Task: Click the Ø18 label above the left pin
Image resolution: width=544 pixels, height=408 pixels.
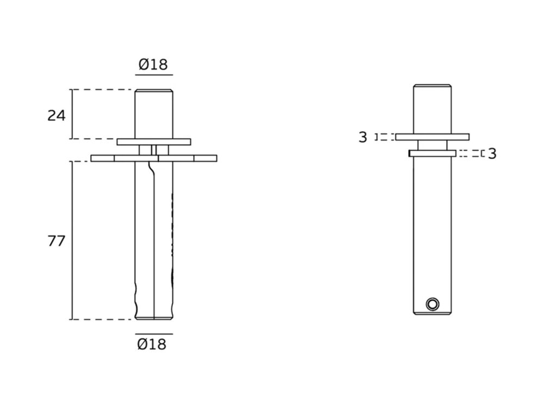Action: coord(153,64)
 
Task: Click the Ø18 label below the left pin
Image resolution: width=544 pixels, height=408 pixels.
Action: coord(152,344)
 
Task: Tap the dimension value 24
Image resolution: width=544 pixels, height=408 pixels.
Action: coord(56,115)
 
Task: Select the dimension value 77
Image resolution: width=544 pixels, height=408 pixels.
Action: coord(56,241)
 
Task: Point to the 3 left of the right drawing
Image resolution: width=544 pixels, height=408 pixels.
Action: coord(362,138)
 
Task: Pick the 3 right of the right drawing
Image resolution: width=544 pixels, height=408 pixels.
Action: coord(492,154)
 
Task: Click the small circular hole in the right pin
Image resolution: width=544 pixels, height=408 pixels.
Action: coord(432,304)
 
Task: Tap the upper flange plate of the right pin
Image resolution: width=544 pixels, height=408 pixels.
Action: coord(432,137)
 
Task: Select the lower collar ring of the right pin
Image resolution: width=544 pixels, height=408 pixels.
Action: coord(432,153)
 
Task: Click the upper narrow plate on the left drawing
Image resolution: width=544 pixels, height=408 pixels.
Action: coord(154,142)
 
